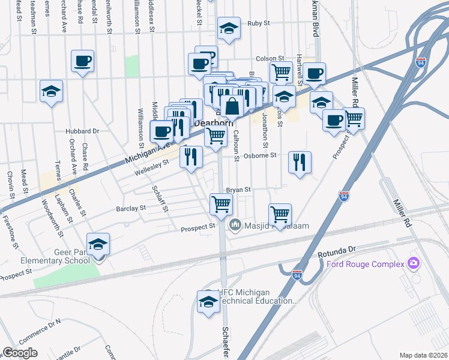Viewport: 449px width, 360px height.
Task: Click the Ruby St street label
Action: point(259,23)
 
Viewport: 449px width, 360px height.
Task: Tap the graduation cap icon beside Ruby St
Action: point(228,29)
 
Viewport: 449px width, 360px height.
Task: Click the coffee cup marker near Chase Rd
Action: point(82,61)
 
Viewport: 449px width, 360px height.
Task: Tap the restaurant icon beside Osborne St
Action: point(299,162)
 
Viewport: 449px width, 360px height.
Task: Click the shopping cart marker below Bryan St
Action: point(221,205)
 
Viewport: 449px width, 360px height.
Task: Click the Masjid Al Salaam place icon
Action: point(234,225)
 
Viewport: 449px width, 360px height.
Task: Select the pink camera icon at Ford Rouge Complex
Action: point(413,263)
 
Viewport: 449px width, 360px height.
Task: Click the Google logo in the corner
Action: point(20,352)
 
